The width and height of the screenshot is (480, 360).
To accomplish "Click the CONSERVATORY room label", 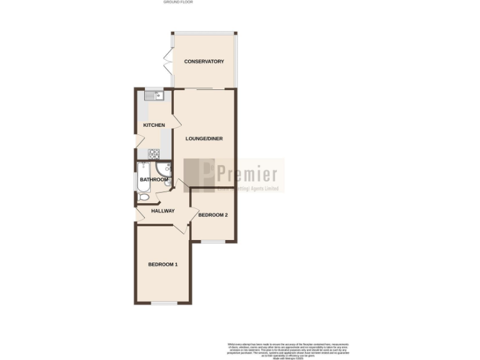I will click(204, 61).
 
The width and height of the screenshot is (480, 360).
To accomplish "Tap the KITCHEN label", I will click(154, 125).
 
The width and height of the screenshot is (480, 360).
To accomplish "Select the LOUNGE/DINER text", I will click(204, 139).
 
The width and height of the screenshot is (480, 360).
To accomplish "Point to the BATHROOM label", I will click(154, 180).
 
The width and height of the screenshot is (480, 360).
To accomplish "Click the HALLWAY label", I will click(162, 211).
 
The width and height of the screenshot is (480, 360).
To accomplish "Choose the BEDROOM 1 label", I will click(162, 264).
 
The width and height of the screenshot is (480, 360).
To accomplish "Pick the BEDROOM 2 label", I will click(212, 215).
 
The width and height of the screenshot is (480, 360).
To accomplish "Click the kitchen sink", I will click(153, 96).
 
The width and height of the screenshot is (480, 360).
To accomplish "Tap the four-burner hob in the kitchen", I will click(153, 152).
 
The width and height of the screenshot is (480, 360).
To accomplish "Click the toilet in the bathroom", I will click(143, 197).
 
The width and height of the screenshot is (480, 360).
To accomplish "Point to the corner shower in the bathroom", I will click(164, 170).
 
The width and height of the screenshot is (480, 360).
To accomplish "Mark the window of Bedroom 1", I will click(163, 303).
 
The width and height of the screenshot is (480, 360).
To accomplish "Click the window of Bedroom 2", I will click(212, 241).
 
